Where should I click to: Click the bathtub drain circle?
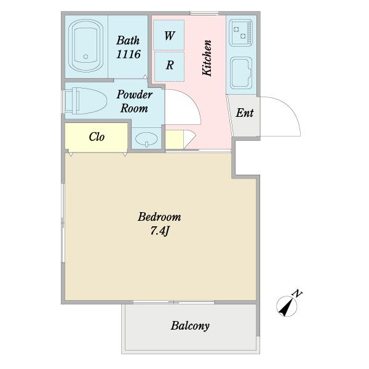(85, 57)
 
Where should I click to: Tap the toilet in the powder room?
(86, 101)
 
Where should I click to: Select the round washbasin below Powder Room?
(146, 139)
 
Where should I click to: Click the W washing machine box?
(169, 35)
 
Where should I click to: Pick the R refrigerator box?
(170, 66)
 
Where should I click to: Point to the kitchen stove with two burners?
(240, 33)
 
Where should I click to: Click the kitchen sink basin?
(241, 73)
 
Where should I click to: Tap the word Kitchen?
(207, 58)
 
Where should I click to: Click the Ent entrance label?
(245, 113)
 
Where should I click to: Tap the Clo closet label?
(97, 137)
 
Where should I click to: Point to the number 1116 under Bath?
(129, 54)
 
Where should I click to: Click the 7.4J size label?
(160, 231)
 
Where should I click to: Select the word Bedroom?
(159, 217)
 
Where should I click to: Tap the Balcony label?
(190, 326)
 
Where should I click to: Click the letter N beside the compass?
(297, 293)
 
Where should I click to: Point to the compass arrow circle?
(287, 306)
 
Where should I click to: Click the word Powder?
(134, 95)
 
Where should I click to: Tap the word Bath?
(128, 41)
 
